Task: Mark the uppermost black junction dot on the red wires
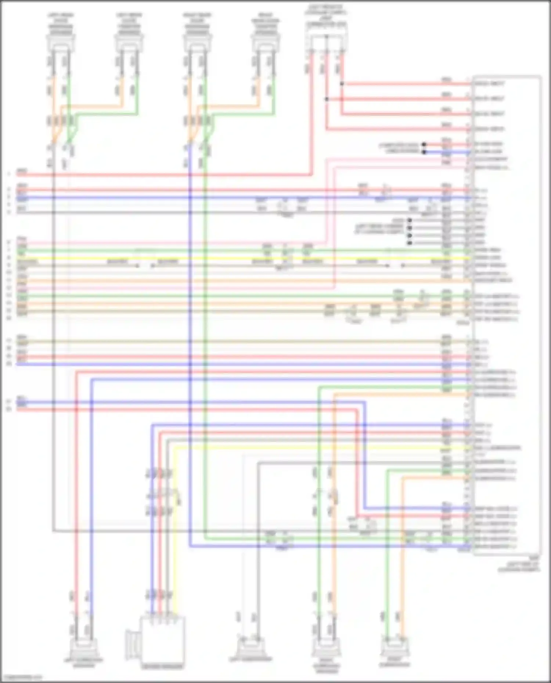click(342, 84)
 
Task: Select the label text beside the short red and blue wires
click(399, 148)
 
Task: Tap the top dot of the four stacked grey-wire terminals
click(410, 220)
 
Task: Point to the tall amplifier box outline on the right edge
click(507, 316)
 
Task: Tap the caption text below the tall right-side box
click(519, 567)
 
